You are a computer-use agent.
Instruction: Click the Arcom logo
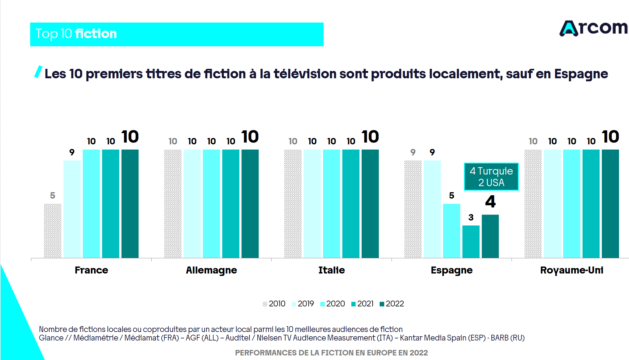[593, 28]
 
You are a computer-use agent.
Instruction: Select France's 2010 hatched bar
[53, 231]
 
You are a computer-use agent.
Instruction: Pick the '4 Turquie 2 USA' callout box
[491, 177]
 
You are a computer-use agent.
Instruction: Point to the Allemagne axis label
[211, 270]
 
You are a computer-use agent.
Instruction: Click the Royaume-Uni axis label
[571, 270]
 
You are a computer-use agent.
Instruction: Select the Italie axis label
[332, 270]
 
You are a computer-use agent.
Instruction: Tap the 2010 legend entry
[274, 304]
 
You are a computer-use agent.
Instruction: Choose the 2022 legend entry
[392, 304]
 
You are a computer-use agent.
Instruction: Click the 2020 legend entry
[332, 304]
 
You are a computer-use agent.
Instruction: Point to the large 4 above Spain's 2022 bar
[490, 202]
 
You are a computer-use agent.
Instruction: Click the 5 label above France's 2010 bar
[53, 196]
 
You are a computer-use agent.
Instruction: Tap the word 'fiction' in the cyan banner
[96, 34]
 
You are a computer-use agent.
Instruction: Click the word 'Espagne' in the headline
[581, 74]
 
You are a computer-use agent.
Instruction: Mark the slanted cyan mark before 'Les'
[38, 72]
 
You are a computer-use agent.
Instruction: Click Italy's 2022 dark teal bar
[370, 203]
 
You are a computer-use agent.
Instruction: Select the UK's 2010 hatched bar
[533, 203]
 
